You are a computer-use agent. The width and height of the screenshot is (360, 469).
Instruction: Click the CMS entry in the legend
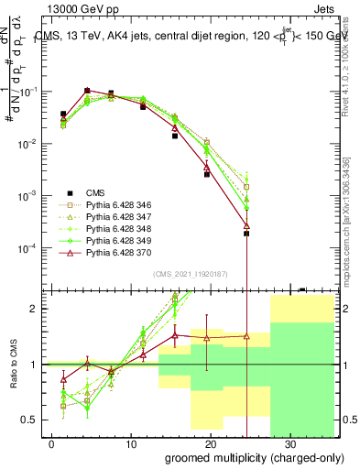pos(95,192)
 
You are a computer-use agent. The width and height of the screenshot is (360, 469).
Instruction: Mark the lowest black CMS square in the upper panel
pos(246,234)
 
